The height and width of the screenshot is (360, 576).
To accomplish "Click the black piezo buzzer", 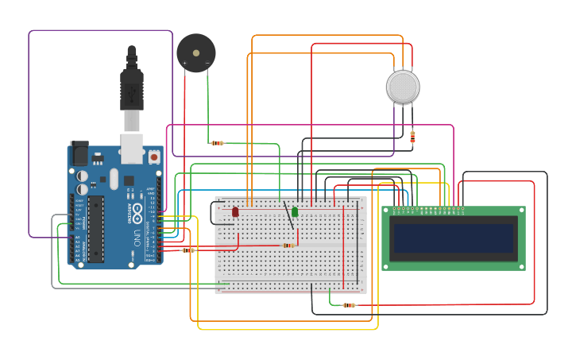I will (195, 53).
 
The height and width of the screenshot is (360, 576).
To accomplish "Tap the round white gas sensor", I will (403, 87).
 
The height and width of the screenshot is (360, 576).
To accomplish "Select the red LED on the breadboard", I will (235, 212).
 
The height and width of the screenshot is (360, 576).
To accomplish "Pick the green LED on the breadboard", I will (295, 212).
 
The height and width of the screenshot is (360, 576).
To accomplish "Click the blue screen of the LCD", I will (453, 238).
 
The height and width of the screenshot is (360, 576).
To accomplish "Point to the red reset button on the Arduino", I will (154, 157).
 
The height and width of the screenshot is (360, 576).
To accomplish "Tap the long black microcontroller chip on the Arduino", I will (95, 230).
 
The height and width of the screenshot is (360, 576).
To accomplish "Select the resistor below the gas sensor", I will (412, 137).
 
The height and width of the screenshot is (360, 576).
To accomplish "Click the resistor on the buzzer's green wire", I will (217, 143).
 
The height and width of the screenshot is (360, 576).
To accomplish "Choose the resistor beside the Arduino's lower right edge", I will (188, 250).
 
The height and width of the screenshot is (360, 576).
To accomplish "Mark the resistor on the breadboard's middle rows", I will (289, 246).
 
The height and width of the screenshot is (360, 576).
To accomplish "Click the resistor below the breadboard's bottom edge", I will (349, 305).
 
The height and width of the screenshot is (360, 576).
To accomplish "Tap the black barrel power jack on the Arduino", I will (79, 153).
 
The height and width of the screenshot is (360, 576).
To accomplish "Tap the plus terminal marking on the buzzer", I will (185, 63).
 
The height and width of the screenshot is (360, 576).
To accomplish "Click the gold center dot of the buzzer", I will (196, 53).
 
